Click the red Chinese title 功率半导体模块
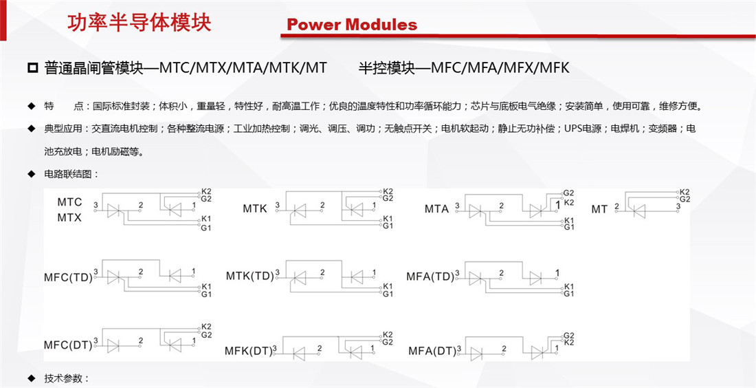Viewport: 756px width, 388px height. pos(140,22)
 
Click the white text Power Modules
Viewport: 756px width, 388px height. pos(352,25)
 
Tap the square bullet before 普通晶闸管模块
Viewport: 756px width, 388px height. pos(32,68)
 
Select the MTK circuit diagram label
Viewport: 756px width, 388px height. pos(255,208)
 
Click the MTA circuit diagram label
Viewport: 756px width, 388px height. pos(436,208)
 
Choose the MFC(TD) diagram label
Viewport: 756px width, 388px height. pos(67,278)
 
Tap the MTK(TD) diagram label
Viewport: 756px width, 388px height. pos(249,276)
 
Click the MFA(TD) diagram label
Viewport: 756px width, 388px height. pos(430,277)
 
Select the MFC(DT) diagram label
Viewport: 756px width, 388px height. pos(67,345)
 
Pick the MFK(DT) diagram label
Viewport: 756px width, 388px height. pos(248,351)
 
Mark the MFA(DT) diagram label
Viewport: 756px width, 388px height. pos(432,351)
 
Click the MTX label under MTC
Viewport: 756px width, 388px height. pos(69,217)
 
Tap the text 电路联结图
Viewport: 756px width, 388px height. pos(69,174)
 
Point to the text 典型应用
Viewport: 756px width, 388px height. pos(58,129)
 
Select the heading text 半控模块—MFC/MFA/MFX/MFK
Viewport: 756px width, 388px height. pos(464,68)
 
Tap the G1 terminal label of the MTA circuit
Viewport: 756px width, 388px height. pos(568,227)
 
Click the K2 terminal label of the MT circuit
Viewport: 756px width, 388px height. pos(684,192)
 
